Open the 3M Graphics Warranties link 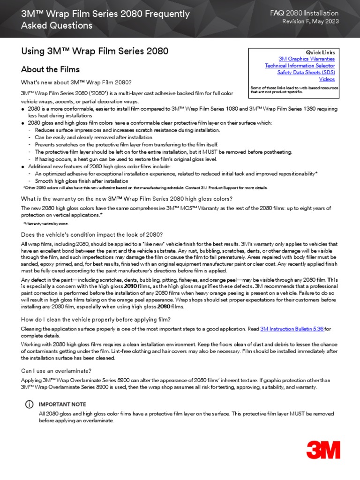click(307, 59)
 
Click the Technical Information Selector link click(300, 66)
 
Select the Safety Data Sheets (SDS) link click(306, 73)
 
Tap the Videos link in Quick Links click(327, 79)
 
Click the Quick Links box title click(320, 52)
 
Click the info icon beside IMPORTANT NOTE click(30, 404)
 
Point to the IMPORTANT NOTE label click(62, 404)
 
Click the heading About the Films click(50, 70)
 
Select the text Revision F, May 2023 click(310, 22)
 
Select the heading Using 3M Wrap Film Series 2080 click(94, 51)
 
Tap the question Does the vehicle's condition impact click(92, 234)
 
